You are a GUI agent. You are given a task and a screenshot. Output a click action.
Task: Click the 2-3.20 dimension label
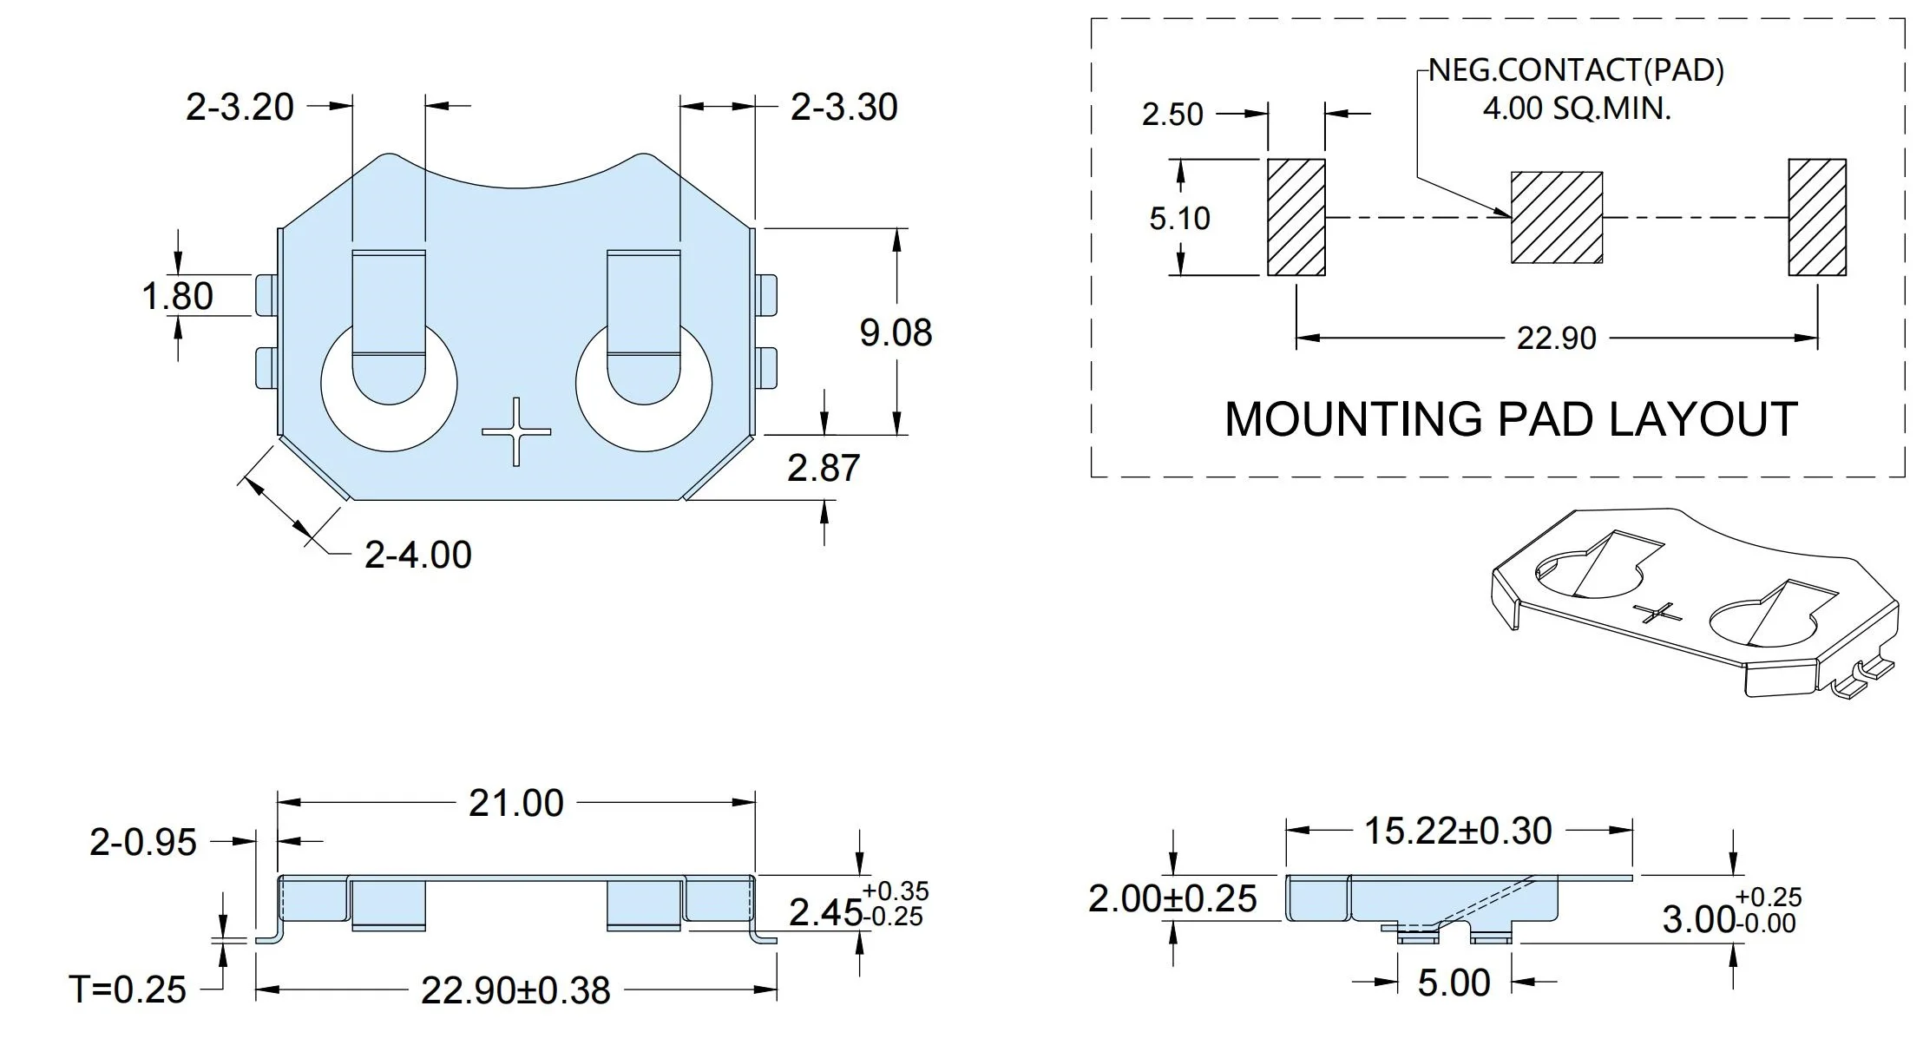240,107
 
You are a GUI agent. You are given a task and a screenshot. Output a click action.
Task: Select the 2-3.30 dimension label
843,107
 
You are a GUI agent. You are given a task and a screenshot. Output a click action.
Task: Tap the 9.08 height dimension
896,332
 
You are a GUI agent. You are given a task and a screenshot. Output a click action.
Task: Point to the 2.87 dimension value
824,468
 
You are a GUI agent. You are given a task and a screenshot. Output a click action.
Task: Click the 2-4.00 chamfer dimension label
418,555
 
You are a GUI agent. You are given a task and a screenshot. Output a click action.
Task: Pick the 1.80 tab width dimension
178,296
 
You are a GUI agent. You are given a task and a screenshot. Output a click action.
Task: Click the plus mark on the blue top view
516,431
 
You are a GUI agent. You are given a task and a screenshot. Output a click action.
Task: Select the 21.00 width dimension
516,803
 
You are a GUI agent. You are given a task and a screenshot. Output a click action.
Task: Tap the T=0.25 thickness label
128,990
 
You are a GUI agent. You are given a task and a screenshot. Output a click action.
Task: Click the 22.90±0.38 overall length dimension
515,990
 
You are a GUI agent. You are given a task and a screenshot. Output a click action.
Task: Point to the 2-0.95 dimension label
143,842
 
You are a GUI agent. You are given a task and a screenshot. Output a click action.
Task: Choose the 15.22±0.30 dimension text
1458,831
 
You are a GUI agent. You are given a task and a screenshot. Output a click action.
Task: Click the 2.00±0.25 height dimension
1172,898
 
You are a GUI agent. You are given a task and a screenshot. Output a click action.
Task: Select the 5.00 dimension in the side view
1454,983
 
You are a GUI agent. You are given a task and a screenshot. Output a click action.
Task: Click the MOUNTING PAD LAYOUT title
1511,419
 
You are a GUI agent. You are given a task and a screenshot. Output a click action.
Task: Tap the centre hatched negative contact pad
1557,217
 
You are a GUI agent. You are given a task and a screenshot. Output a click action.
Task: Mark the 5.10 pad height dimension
1179,218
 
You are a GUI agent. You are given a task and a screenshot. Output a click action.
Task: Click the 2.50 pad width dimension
1172,114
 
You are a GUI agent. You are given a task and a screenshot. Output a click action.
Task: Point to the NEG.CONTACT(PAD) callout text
1576,69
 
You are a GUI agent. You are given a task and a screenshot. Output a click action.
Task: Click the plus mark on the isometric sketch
1657,613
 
